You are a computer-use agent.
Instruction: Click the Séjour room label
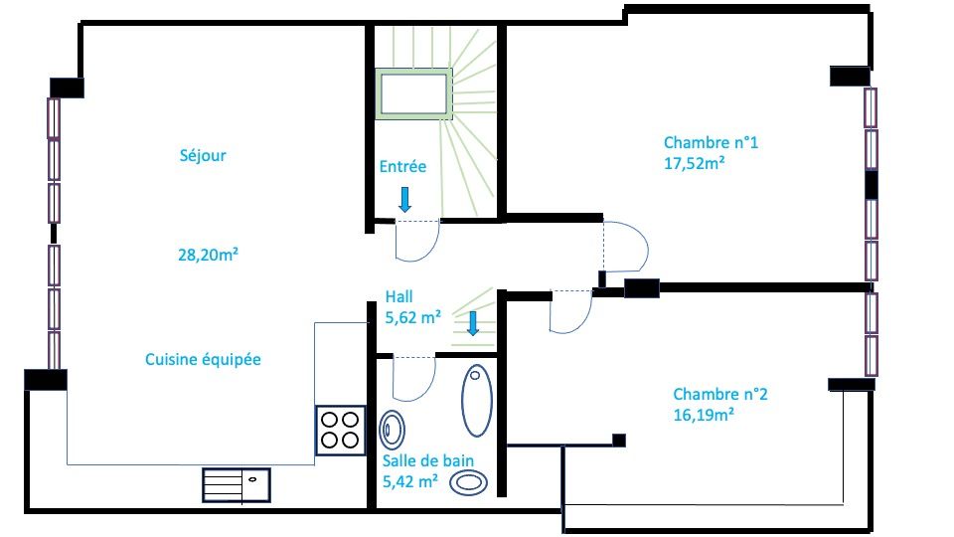[x=203, y=156]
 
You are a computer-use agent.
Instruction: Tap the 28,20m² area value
[x=208, y=255]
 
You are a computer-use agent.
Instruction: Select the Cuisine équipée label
[x=203, y=359]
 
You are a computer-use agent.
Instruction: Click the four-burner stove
[x=340, y=430]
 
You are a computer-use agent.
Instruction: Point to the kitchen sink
[x=237, y=484]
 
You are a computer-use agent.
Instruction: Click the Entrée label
[x=402, y=166]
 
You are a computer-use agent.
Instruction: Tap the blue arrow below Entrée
[x=404, y=200]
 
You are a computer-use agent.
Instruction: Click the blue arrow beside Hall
[x=473, y=323]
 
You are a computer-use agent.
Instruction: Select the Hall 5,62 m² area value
[x=413, y=317]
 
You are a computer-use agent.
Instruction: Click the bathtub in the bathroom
[x=476, y=401]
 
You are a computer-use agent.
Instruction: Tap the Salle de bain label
[x=427, y=460]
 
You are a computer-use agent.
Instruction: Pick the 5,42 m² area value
[x=410, y=481]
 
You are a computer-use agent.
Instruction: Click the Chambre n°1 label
[x=711, y=142]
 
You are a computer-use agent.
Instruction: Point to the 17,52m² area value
[x=695, y=163]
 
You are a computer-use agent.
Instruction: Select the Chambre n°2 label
[x=720, y=394]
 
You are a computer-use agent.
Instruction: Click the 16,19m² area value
[x=704, y=415]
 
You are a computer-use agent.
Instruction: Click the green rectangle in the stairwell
[x=413, y=93]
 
